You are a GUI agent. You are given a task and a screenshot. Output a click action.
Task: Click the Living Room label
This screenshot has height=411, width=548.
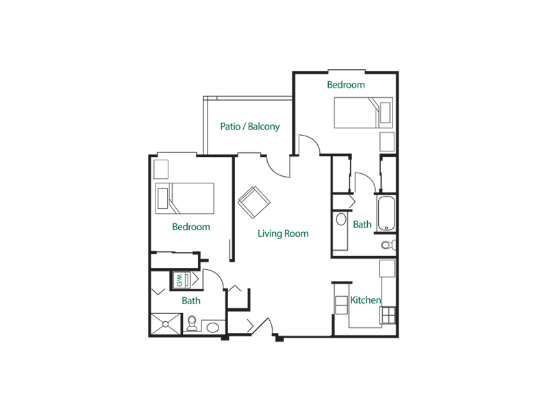coord(283,234)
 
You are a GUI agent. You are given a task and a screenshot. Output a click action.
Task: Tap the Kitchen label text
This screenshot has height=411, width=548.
coord(365,300)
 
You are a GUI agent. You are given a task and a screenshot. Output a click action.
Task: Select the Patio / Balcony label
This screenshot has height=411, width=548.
coord(249,127)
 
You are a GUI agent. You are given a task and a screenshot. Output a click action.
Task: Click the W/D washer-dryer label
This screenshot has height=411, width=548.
coord(179,279)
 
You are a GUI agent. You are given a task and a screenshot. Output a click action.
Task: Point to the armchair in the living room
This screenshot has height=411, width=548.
coord(254,201)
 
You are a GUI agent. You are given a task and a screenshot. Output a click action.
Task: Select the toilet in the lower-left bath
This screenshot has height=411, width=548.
coord(192,323)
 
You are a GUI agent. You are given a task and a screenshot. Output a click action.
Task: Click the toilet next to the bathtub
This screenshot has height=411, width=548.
coord(387,245)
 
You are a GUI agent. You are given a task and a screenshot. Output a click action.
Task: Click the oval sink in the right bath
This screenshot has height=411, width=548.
coord(340,220)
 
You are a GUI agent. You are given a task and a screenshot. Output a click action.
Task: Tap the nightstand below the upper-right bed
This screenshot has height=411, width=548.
coord(388,142)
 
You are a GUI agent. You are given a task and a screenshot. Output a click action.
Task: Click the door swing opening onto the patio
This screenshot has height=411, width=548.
coord(277,167)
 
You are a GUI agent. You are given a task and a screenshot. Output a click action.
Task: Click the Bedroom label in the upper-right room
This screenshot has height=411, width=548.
coord(345,85)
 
